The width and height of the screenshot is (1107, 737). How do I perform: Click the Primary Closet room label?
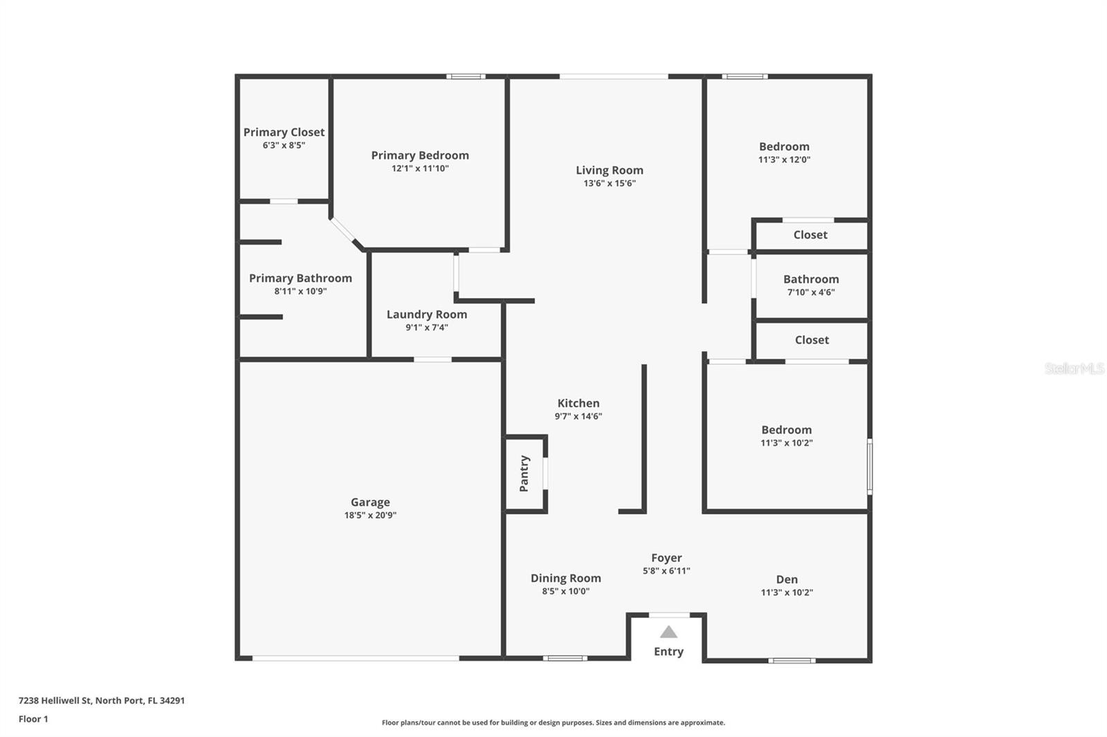point(284,132)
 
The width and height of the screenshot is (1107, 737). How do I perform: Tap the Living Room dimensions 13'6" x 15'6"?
point(609,183)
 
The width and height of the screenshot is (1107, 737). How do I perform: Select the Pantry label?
point(524,474)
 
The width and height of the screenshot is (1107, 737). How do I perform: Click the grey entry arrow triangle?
point(668,632)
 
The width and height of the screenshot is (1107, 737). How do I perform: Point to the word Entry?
point(668,651)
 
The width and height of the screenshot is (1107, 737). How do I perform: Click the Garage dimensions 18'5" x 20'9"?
point(370,515)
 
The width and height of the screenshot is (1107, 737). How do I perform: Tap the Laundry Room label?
point(426,314)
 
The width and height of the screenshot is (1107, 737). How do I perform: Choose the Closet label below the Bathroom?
point(812,339)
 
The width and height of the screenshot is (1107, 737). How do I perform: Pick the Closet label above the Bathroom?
point(810,234)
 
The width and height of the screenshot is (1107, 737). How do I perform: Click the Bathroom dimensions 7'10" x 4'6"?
point(811,292)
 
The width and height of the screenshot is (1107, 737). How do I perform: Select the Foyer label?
point(666,557)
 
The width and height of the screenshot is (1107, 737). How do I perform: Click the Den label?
point(787,579)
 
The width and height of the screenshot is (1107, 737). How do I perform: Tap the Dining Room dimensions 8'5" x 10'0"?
point(565,591)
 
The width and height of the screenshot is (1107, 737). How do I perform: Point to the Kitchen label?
point(578,403)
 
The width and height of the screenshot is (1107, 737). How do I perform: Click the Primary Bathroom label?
point(300,278)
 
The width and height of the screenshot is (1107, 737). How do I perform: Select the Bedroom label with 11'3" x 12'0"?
point(784,147)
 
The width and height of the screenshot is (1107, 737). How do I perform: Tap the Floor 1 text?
point(33,719)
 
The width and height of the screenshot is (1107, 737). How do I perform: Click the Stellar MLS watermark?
point(1074,368)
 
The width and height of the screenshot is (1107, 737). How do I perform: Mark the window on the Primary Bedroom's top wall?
point(466,76)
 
